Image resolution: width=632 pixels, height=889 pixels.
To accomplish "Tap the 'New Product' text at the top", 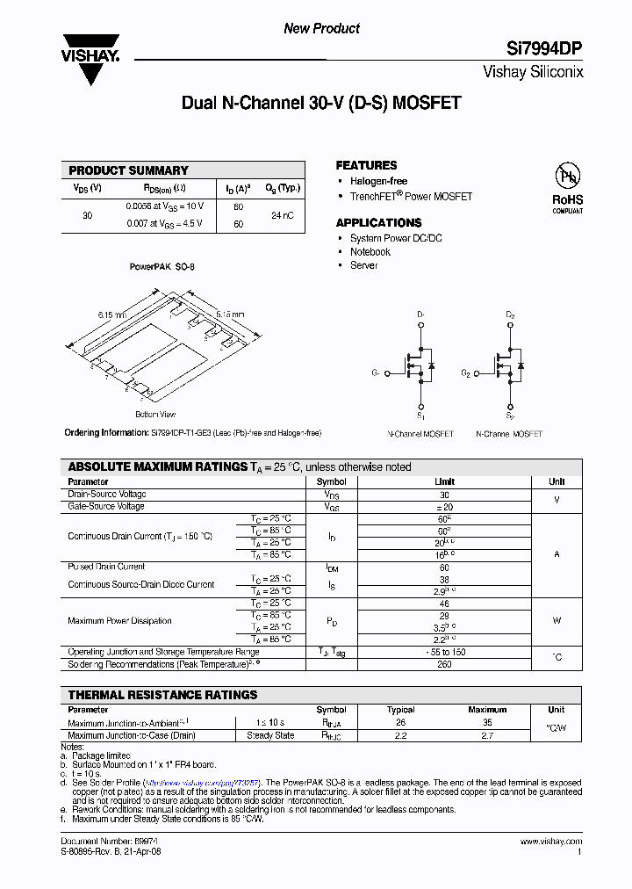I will (x=321, y=29).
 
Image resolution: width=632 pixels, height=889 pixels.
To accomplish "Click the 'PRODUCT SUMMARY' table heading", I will (x=128, y=170).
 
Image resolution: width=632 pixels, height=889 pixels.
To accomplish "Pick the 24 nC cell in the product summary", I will (x=283, y=214).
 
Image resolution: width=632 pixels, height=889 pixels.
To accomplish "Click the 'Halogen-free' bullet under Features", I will (x=378, y=181).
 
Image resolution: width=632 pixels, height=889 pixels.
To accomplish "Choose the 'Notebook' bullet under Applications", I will (x=370, y=252).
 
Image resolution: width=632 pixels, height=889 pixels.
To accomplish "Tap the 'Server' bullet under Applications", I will (x=363, y=265).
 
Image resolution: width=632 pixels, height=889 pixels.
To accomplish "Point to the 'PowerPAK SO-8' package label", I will (x=162, y=266).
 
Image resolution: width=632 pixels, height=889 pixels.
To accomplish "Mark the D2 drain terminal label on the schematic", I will (x=510, y=314).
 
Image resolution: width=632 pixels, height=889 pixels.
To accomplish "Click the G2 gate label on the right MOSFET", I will (x=466, y=373).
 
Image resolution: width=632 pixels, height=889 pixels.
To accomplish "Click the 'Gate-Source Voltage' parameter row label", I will (x=106, y=507).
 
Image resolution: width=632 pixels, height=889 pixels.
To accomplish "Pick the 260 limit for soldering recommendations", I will (x=444, y=664).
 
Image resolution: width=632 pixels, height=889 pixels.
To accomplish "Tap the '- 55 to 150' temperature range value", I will (x=444, y=652).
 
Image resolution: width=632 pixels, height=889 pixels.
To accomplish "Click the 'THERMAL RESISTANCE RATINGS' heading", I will (x=162, y=695).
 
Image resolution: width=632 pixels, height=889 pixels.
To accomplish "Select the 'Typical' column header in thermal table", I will (x=400, y=710).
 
